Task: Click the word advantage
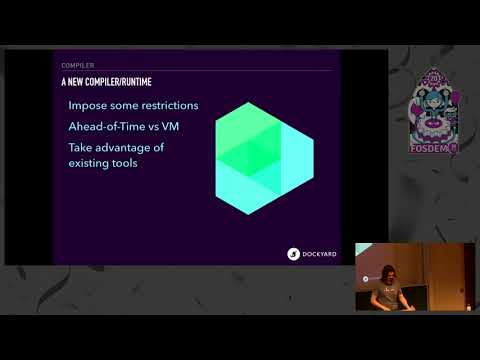128,147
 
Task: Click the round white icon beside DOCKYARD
294,254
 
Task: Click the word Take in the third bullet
81,147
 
